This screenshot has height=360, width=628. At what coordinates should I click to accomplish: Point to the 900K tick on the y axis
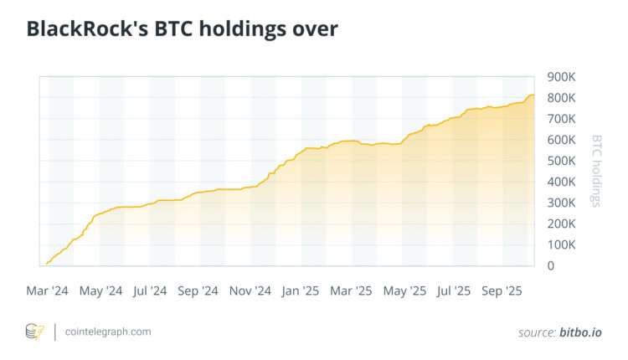click(561, 77)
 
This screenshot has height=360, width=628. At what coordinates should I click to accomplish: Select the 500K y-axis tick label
click(561, 161)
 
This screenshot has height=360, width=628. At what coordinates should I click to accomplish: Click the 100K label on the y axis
click(561, 244)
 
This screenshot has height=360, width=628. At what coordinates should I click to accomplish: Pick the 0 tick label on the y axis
click(551, 265)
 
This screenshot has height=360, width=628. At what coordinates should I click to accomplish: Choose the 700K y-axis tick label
click(561, 119)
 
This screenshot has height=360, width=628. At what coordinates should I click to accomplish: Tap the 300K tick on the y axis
click(561, 203)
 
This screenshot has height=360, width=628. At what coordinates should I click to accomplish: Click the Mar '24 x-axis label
click(48, 291)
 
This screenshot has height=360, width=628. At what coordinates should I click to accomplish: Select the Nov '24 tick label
click(250, 291)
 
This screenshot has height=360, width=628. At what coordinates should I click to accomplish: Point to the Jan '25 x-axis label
click(300, 291)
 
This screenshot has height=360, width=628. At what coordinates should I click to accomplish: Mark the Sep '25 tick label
click(502, 291)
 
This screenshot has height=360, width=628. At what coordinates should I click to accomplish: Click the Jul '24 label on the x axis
click(149, 291)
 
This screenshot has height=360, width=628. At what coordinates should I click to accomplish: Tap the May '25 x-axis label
click(404, 291)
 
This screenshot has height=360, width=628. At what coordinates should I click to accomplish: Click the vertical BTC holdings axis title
click(597, 171)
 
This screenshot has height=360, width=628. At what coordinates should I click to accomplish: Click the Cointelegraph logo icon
click(35, 332)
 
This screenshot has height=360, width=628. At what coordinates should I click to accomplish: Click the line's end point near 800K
click(534, 95)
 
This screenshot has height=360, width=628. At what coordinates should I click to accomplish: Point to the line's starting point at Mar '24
click(47, 264)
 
